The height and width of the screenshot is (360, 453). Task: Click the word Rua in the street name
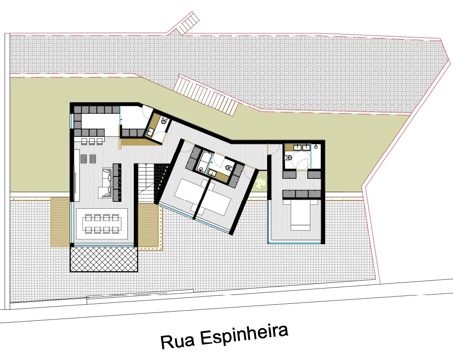pos(178,341)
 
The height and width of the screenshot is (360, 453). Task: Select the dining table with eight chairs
pos(101,224)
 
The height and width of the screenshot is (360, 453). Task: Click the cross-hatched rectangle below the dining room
pos(104,259)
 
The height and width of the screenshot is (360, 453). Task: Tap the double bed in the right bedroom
pos(300,216)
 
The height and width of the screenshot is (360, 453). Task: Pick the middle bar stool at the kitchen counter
pos(92,142)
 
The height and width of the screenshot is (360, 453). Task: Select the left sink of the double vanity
pos(297,147)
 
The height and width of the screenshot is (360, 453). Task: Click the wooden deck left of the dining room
pos(60,222)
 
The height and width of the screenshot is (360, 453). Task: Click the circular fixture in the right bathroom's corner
pos(316,147)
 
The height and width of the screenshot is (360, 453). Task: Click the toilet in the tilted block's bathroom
pos(228,167)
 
